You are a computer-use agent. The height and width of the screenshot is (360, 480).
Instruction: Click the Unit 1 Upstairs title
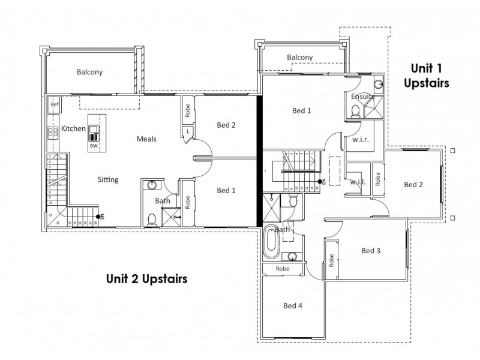pos(429,75)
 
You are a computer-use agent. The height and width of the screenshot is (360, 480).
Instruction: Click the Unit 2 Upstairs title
pos(146,278)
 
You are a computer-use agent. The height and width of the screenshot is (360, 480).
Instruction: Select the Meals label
pos(146,139)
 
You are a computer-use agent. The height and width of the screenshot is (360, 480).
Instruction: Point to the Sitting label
pos(108,179)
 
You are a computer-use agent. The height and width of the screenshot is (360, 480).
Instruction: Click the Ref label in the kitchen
pos(54,105)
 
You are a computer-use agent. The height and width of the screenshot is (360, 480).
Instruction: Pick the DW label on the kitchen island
pos(94,145)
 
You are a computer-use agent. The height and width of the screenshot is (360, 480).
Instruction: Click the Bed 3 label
pos(371,250)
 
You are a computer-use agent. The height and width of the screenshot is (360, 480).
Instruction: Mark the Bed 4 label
pos(292,305)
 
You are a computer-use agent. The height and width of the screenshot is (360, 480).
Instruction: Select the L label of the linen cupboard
pos(188,130)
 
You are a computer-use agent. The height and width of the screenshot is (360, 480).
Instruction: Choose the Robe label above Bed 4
pos(282,269)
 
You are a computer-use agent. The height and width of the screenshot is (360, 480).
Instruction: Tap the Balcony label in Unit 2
pos(89,72)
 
